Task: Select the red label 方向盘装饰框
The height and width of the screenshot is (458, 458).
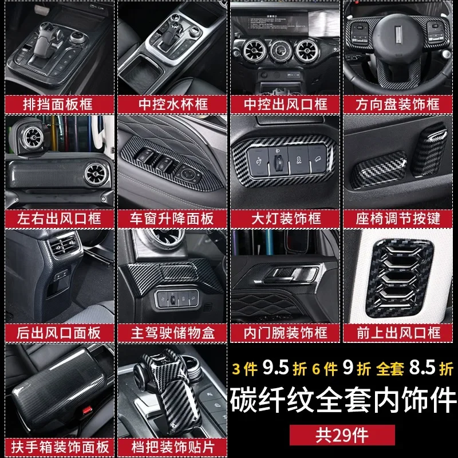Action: click(397, 104)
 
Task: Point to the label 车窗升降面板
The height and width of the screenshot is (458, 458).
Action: click(172, 219)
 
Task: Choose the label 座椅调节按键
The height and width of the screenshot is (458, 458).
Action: click(397, 219)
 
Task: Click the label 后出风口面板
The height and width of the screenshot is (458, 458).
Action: click(60, 333)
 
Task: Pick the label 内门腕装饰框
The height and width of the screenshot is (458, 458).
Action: click(285, 333)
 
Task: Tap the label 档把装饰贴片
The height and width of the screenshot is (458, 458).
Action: click(172, 447)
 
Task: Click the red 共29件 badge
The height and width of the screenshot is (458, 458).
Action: click(342, 435)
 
